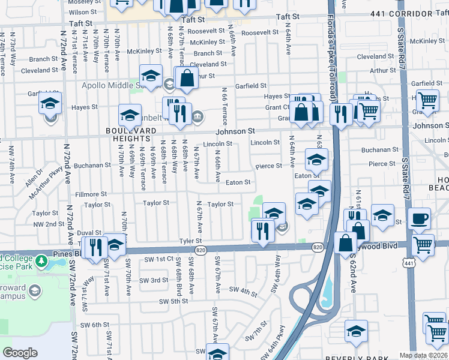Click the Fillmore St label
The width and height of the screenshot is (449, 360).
[x=91, y=194]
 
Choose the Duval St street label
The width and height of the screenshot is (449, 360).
[x=88, y=232]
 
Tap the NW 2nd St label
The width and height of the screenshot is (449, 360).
[x=49, y=224]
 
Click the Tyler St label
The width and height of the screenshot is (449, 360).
[x=190, y=241]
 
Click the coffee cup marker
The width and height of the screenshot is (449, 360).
[x=419, y=218]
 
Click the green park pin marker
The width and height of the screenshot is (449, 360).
[x=41, y=261]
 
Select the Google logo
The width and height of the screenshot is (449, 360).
[x=20, y=353]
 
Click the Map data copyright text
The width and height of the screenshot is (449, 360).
[x=423, y=355]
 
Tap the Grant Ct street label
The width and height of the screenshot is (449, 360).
[x=277, y=107]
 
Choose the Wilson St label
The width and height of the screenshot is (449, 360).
[x=82, y=12]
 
